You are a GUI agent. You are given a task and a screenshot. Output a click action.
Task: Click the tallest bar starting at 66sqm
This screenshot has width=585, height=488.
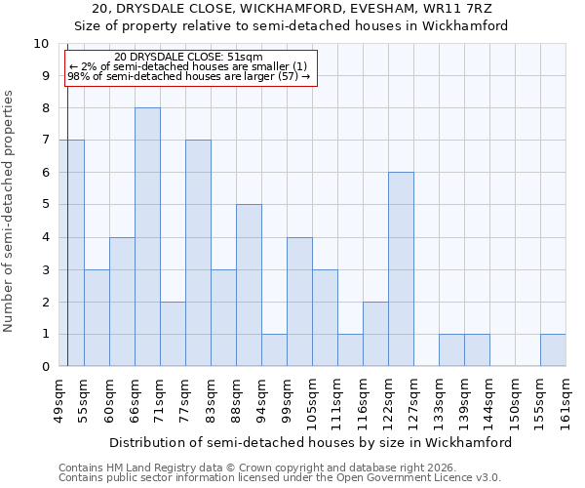point(147,237)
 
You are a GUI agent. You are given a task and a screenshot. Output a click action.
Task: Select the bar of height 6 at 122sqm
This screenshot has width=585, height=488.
point(401,269)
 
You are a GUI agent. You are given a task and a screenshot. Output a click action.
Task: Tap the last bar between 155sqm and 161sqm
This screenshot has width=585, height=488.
point(553,350)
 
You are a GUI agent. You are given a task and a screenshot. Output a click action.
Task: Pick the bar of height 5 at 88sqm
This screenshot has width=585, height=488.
point(249,285)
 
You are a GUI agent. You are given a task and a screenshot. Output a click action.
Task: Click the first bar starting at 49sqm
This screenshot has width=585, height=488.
point(71,253)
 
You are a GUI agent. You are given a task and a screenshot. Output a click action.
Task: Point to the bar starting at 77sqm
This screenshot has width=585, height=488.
point(198,253)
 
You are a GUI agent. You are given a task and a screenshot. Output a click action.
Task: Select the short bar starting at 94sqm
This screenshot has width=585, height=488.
point(274,350)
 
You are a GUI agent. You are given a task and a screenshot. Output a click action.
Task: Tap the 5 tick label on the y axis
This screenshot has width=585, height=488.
point(44,205)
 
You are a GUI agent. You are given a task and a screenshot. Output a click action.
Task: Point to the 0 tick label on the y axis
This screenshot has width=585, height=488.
point(44,367)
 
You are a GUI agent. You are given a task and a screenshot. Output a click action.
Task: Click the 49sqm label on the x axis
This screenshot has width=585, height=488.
point(58,399)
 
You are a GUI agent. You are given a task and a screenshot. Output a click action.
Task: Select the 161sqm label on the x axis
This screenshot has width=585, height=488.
point(565,402)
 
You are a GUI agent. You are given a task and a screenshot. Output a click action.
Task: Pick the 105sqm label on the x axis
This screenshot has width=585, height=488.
point(312,402)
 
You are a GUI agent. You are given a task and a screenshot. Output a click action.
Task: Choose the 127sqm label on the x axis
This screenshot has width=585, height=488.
point(413,402)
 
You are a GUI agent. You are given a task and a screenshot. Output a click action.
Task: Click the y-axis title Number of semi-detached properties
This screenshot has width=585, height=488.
point(10,211)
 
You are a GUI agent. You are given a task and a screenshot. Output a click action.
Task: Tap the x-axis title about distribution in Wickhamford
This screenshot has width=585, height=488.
point(310,442)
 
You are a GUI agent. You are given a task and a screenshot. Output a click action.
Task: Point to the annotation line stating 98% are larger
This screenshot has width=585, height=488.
point(188,76)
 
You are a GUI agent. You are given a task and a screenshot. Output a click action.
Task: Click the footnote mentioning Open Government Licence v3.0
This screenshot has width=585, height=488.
point(280,478)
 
